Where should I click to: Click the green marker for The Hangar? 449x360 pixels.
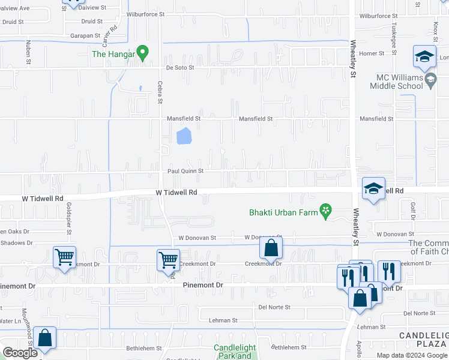coord(142,53)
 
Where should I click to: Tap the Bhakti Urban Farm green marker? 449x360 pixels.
coord(326,211)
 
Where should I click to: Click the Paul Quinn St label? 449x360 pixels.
coord(185,171)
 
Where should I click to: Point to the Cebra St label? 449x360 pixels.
coord(160,92)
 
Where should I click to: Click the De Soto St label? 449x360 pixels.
coord(180,68)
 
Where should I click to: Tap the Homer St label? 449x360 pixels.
coord(372,53)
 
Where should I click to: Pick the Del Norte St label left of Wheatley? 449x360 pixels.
coord(274,307)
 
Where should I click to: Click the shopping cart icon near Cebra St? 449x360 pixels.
coord(168,260)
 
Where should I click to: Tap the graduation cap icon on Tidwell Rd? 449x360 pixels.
coord(373,189)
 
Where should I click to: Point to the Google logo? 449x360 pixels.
coord(20,353)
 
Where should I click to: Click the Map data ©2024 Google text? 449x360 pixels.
coord(411,355)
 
